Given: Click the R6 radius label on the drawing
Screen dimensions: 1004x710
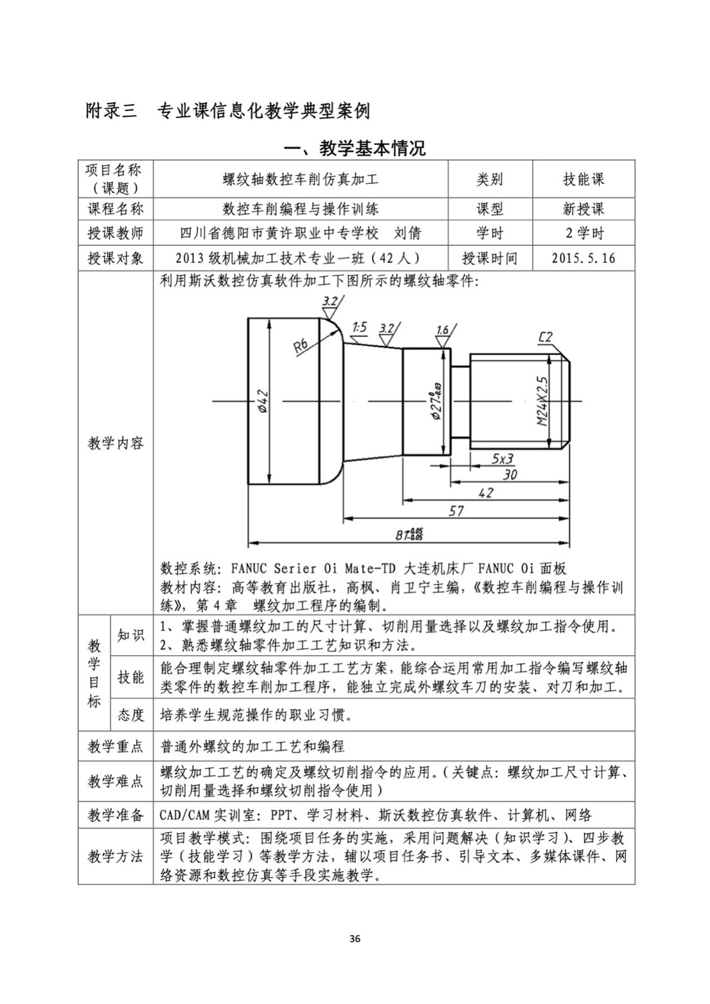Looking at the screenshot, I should tap(301, 346).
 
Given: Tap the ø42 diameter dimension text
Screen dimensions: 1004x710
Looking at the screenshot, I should tap(263, 402).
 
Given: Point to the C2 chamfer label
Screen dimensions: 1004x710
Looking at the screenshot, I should tap(545, 338).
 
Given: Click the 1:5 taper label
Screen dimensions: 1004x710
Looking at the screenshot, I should tap(360, 327).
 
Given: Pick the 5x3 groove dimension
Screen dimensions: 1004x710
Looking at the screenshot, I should tap(502, 458).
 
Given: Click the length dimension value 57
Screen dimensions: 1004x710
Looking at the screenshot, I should tap(456, 511).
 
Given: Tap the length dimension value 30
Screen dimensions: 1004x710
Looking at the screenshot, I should tap(510, 475).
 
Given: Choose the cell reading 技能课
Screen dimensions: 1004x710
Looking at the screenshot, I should tap(583, 179).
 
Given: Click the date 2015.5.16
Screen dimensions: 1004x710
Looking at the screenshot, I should tap(583, 258).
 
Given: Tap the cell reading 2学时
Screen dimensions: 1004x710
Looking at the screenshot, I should tap(583, 233).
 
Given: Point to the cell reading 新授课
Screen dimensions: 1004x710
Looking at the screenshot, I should tap(583, 209).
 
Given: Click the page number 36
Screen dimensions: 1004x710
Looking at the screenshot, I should tap(355, 939).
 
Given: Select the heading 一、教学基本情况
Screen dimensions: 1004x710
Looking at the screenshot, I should tap(355, 148).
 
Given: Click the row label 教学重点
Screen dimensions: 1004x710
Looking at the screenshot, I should tap(116, 747).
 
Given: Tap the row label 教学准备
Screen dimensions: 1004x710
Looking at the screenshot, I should tap(116, 815).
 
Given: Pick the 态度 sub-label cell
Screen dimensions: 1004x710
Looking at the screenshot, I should tap(131, 715).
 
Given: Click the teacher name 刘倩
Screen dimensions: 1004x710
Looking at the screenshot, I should tap(407, 233).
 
